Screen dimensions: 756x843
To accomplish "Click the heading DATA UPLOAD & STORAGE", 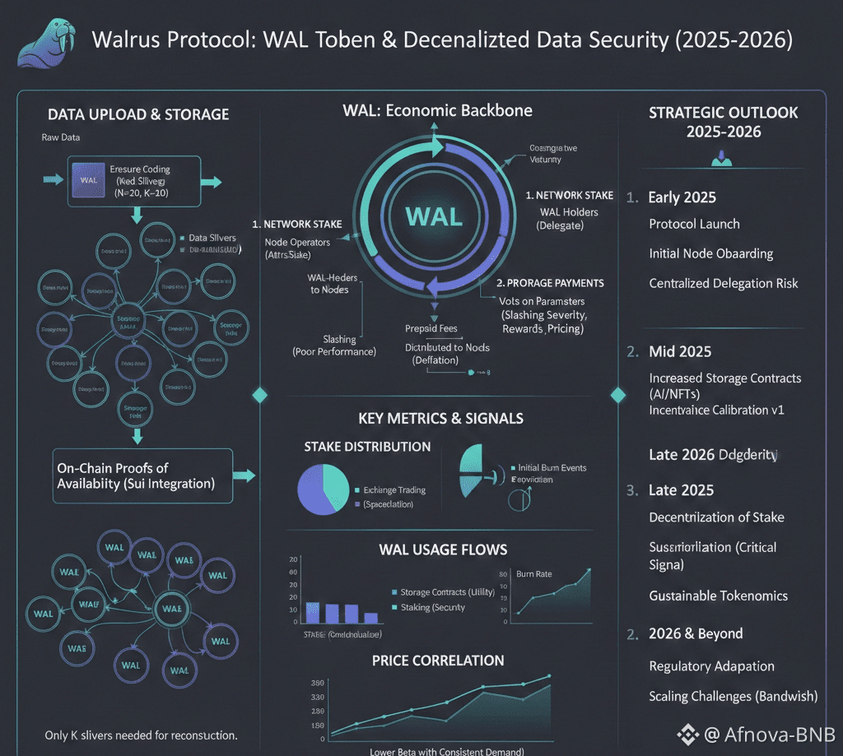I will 138,114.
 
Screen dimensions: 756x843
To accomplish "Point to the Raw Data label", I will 61,137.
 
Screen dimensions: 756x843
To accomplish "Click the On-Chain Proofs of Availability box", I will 142,475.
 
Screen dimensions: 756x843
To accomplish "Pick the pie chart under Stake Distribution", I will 324,490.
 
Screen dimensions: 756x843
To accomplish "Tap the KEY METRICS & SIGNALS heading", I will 440,418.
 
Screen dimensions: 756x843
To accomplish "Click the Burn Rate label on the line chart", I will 534,573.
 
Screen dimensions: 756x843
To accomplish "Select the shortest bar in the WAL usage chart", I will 370,618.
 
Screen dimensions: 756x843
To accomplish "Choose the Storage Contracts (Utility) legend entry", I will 446,592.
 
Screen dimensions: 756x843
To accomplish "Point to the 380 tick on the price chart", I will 316,683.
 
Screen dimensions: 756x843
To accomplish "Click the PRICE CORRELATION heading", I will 438,660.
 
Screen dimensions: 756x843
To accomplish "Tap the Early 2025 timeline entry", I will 682,197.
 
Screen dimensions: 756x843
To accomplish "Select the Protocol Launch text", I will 694,224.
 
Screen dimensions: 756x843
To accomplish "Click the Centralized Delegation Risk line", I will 724,283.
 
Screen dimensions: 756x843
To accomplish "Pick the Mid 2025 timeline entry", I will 679,351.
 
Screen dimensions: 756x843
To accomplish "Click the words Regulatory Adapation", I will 711,666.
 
